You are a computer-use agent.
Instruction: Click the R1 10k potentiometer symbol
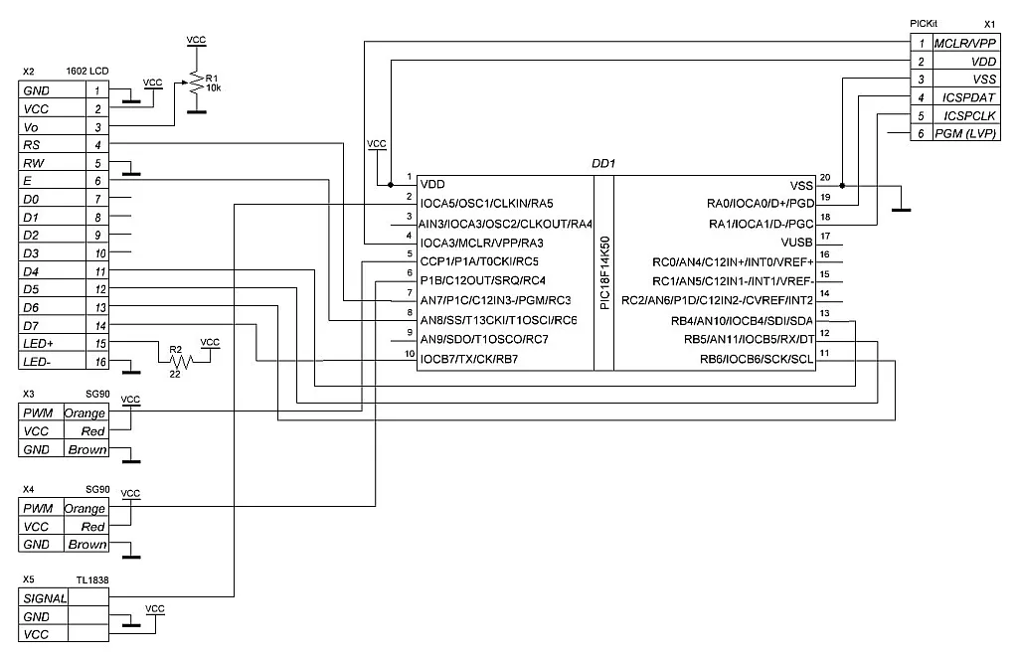click(197, 84)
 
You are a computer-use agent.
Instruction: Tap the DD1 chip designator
click(604, 163)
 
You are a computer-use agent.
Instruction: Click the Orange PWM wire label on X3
click(85, 412)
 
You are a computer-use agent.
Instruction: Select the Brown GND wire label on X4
click(86, 545)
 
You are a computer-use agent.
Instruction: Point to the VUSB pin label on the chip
click(797, 243)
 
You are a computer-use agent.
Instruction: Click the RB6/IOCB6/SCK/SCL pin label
click(752, 358)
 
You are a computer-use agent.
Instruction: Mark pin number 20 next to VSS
click(825, 178)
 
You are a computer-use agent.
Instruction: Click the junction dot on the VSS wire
click(842, 186)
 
